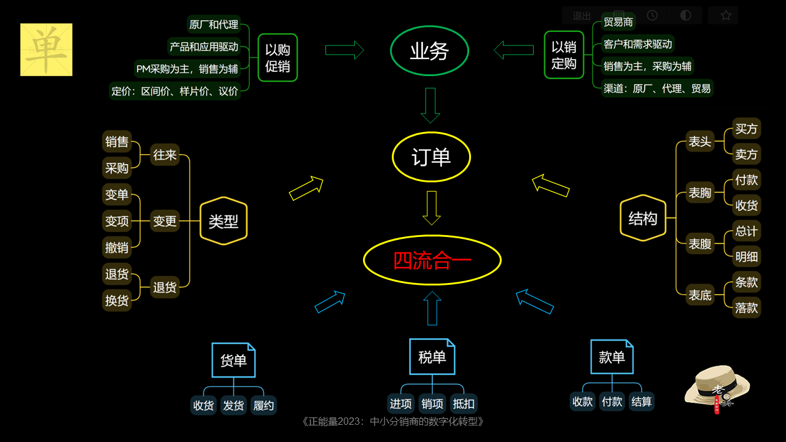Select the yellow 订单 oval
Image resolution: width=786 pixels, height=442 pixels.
431,157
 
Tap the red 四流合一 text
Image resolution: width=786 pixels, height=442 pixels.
432,260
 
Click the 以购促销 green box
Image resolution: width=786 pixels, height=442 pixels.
278,58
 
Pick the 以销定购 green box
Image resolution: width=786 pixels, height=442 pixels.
564,55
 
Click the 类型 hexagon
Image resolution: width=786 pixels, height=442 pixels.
224,221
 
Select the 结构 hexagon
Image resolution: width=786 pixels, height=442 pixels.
643,218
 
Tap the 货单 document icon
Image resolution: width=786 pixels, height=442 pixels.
233,360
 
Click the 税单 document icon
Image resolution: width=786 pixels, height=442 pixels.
432,357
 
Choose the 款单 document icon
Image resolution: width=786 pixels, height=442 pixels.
612,357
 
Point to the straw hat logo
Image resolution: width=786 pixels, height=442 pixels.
717,387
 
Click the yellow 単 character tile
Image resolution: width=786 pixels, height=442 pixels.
46,50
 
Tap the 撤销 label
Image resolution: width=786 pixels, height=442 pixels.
117,247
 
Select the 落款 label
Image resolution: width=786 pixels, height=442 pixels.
746,308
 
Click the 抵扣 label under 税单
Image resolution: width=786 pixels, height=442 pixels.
464,403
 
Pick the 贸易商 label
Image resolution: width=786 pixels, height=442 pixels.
618,22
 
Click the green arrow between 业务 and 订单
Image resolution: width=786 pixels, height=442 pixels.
430,105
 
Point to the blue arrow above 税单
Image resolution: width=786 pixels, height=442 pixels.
432,308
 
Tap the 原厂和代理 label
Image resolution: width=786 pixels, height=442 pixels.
214,25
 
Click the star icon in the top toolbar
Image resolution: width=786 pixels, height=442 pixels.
726,15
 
